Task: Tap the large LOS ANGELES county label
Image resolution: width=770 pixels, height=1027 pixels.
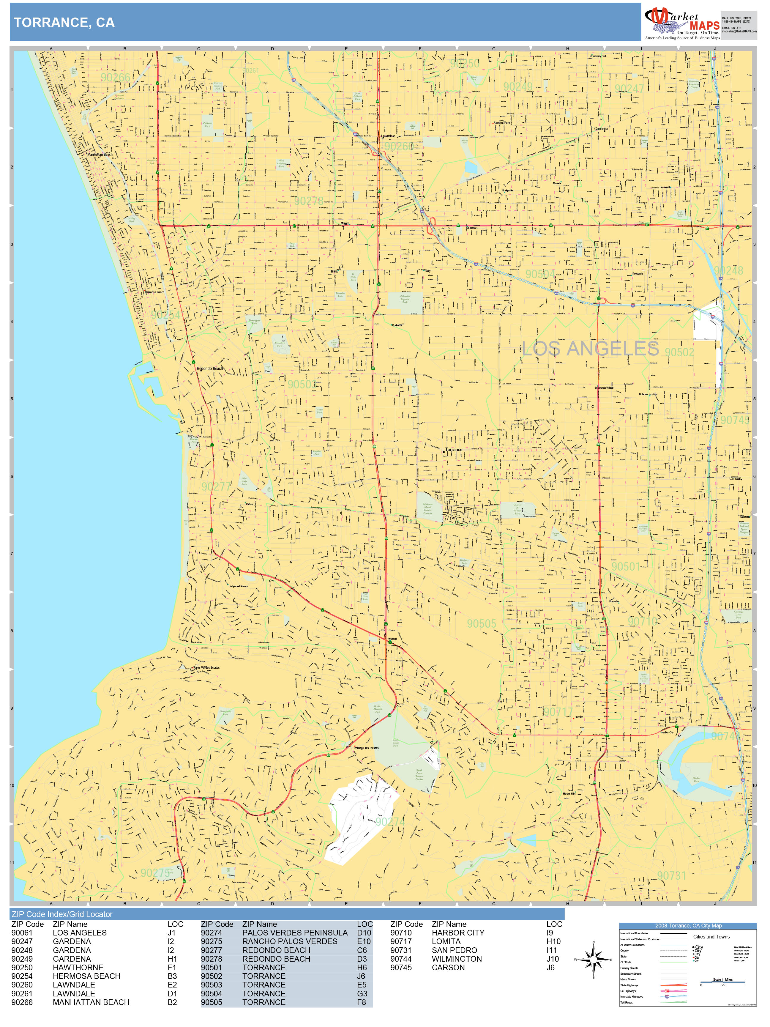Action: [590, 349]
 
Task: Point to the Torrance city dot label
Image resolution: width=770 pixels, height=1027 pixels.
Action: [453, 449]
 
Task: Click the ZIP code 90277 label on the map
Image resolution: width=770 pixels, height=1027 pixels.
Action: [216, 486]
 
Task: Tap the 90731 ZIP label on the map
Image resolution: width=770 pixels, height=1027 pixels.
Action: [671, 875]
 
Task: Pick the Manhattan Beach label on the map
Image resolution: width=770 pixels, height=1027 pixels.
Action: [100, 155]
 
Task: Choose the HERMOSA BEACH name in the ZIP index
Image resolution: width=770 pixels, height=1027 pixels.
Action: [86, 976]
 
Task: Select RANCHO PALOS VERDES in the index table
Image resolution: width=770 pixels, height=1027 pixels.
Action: [290, 941]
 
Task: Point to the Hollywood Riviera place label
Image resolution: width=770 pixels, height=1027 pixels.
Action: [238, 586]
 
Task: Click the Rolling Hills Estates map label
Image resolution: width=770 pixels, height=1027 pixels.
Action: [366, 748]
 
